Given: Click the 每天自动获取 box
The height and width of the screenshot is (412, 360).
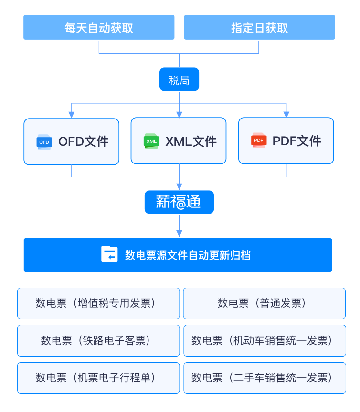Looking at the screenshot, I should coord(99,27).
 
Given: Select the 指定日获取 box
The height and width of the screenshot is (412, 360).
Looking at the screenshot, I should coord(259,27).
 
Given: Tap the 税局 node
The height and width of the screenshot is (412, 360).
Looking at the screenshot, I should coord(179,80).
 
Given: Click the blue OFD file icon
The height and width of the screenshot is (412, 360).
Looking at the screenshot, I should coord(44,142).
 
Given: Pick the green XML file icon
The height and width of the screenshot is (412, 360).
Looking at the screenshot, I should coord(151,141).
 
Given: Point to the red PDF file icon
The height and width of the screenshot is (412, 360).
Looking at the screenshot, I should coord(259,141).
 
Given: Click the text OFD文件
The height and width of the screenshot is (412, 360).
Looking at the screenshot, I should coord(84,141).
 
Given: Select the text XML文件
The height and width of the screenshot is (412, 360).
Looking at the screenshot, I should coord(191,141).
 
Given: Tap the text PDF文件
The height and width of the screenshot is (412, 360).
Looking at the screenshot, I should coord(297,141).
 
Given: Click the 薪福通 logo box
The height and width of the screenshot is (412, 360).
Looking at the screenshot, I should coord(179,202).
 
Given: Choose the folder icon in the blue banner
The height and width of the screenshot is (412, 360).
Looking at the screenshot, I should coord(109,254).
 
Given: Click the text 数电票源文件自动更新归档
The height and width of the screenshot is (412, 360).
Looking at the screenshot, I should coord(188,255).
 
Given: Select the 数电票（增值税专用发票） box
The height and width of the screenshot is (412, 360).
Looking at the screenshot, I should coord(98,304).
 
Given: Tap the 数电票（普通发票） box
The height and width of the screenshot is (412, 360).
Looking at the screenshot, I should coord(264,304).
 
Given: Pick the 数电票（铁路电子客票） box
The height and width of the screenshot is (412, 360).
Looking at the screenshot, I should coord(98,341).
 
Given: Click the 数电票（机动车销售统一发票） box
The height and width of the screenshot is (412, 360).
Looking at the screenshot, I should coord(264,341).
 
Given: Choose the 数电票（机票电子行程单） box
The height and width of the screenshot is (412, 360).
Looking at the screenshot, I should coord(98,378).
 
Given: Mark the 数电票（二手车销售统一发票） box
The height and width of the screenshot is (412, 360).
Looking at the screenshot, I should coord(264,378).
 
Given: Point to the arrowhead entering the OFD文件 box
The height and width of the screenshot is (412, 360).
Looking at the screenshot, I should coord(72,115).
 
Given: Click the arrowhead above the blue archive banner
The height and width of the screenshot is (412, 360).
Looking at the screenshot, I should coord(179,233).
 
